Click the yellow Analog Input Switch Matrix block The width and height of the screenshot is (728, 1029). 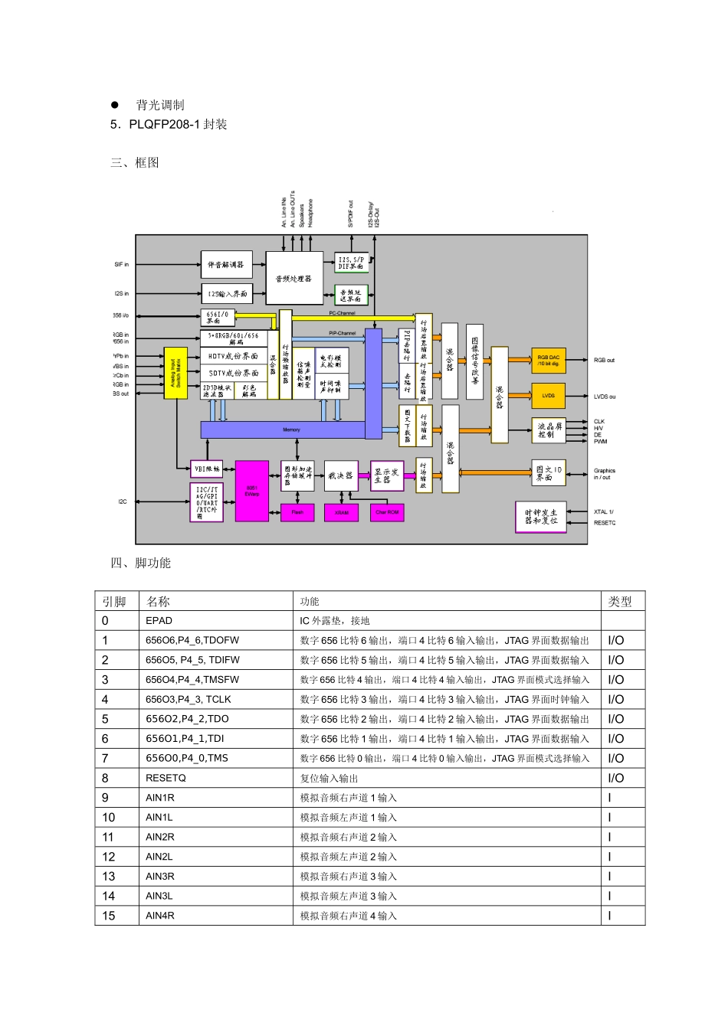(x=175, y=372)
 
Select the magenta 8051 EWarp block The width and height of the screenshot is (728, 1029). (x=251, y=491)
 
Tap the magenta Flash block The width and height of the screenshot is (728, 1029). (x=297, y=512)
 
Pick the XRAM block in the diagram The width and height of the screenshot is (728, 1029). (x=342, y=512)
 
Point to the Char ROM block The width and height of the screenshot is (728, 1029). (x=387, y=512)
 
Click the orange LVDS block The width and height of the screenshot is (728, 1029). (x=548, y=396)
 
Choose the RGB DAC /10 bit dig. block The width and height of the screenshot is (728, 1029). (x=548, y=360)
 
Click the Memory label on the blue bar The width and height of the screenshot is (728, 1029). (x=291, y=430)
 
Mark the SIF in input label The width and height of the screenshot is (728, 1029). (x=122, y=265)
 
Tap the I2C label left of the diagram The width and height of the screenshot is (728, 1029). (x=123, y=501)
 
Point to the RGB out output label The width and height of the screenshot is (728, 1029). (x=604, y=360)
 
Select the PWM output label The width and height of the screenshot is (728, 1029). (x=600, y=442)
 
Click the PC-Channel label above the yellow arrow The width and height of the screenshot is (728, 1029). (x=342, y=313)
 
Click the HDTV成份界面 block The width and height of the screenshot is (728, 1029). (x=233, y=356)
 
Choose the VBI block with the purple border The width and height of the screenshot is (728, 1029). (x=206, y=469)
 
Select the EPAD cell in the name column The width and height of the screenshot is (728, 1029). (x=159, y=621)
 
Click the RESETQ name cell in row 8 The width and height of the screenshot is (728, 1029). (x=166, y=778)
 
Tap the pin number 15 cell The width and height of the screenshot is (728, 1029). (x=109, y=916)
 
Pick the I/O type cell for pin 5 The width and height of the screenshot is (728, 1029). (x=616, y=719)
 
